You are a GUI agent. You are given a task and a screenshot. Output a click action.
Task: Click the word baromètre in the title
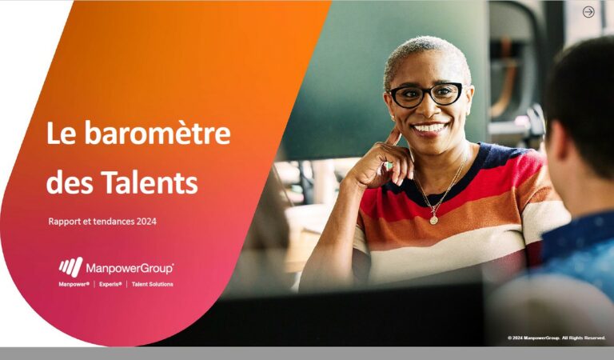click(x=157, y=133)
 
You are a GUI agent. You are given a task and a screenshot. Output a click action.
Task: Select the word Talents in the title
click(x=150, y=182)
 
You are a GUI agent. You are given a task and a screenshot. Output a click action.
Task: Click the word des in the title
click(x=70, y=183)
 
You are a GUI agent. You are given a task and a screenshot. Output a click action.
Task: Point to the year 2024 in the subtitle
click(x=146, y=222)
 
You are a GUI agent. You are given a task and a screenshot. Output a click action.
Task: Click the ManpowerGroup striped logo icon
click(x=71, y=266)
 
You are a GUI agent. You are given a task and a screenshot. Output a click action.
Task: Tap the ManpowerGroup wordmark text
click(x=130, y=269)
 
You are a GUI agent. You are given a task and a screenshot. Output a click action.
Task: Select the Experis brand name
click(x=110, y=284)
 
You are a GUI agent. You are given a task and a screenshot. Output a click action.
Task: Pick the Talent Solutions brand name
click(x=153, y=284)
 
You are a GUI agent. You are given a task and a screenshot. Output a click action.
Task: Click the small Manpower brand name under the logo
click(x=74, y=284)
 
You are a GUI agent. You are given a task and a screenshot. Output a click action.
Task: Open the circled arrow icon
click(x=588, y=12)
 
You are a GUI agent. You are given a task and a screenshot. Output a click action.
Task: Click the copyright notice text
click(x=556, y=338)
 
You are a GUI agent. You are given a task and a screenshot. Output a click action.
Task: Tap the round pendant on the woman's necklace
click(x=434, y=220)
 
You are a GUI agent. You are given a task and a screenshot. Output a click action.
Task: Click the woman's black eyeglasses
click(x=425, y=94)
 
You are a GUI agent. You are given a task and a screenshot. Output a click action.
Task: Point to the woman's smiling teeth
click(x=429, y=128)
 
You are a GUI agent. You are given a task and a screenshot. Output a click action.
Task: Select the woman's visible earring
click(x=392, y=117)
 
